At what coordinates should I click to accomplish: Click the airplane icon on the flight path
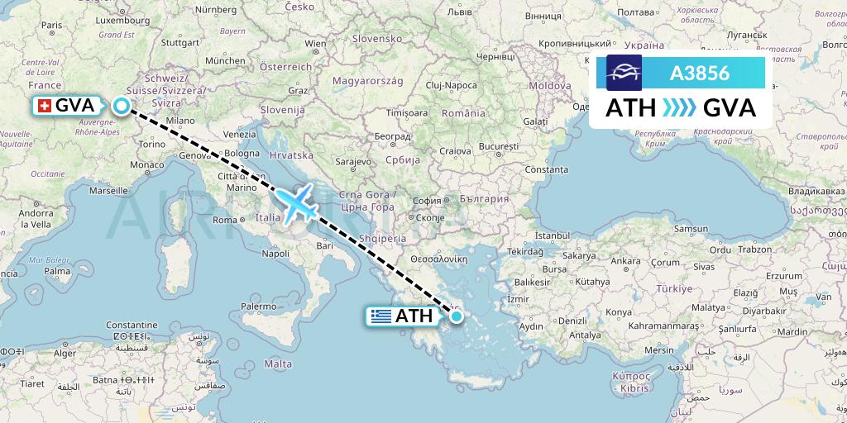click(295, 203)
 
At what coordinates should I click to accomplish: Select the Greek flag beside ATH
click(380, 316)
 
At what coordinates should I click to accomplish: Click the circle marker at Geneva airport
click(122, 106)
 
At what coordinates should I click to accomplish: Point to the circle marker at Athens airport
click(456, 316)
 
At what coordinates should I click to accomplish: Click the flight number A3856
click(699, 74)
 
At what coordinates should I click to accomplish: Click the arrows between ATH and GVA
click(680, 108)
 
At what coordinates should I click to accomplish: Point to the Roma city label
click(226, 220)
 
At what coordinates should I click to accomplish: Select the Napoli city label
click(276, 254)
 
